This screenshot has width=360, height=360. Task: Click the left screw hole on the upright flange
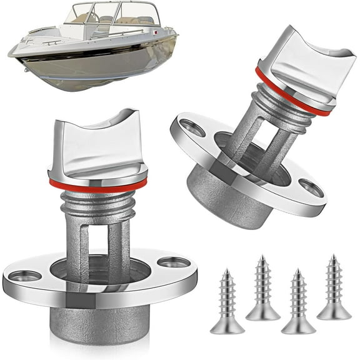(24, 274)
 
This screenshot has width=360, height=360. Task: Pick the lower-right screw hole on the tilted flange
(310, 187)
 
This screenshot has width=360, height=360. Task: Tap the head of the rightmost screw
(334, 312)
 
